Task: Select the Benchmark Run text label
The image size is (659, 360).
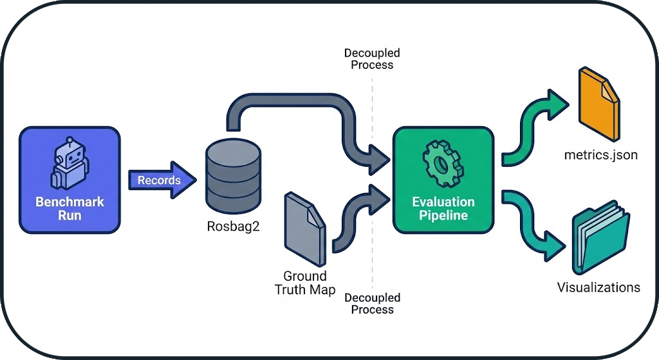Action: coord(70,208)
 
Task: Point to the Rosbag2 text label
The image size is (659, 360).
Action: coord(233,227)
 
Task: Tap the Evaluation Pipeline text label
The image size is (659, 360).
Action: coord(443,208)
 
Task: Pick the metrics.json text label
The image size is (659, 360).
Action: coord(600,155)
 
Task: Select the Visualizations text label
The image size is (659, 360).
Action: coord(599,287)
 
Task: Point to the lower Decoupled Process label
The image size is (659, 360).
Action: coord(372,303)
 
